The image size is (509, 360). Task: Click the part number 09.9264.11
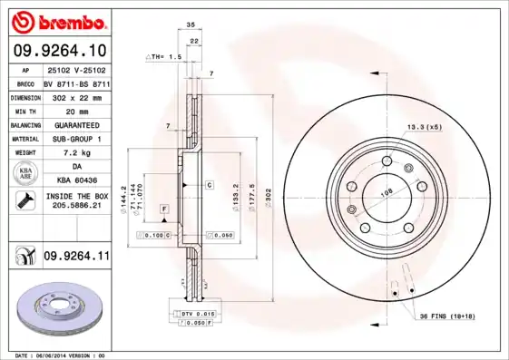76,258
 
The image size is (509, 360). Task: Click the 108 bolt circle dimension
387,193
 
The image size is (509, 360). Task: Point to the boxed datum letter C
209,185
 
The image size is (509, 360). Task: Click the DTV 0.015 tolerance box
191,313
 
